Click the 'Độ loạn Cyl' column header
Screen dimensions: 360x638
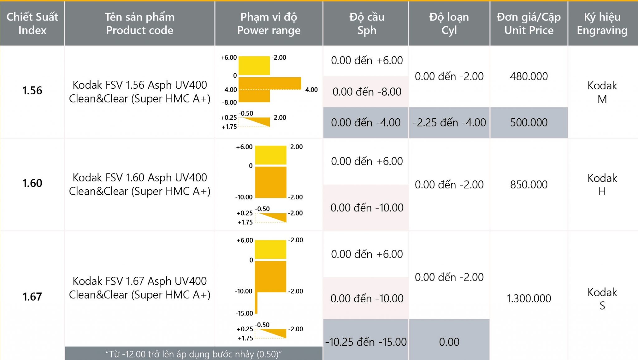pyautogui.click(x=449, y=23)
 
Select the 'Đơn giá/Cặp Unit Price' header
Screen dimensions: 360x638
pyautogui.click(x=529, y=23)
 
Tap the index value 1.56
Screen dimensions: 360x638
pyautogui.click(x=32, y=91)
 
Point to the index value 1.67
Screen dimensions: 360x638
pyautogui.click(x=32, y=296)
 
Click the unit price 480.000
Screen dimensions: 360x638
pyautogui.click(x=529, y=76)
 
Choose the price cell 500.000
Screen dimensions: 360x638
pyautogui.click(x=529, y=122)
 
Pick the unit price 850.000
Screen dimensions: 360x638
pyautogui.click(x=529, y=184)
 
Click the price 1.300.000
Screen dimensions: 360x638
pyautogui.click(x=529, y=298)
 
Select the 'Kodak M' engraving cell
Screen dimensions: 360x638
pyautogui.click(x=602, y=92)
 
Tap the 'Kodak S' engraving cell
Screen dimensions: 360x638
pyautogui.click(x=602, y=299)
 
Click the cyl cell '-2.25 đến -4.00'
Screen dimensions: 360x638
pyautogui.click(x=449, y=122)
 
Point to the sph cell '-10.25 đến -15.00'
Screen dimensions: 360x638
pyautogui.click(x=366, y=342)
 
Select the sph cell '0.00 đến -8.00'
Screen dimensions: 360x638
pyautogui.click(x=367, y=92)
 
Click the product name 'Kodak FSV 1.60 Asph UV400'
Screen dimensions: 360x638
pyautogui.click(x=140, y=178)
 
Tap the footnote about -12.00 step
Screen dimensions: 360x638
pyautogui.click(x=193, y=354)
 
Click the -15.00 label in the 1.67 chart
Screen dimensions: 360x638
pyautogui.click(x=244, y=313)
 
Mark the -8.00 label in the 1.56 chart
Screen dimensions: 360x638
pyautogui.click(x=230, y=102)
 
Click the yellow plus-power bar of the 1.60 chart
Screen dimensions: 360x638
pyautogui.click(x=270, y=155)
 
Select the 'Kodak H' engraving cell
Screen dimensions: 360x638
pyautogui.click(x=602, y=185)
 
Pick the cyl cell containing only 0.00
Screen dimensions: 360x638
pyautogui.click(x=449, y=342)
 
